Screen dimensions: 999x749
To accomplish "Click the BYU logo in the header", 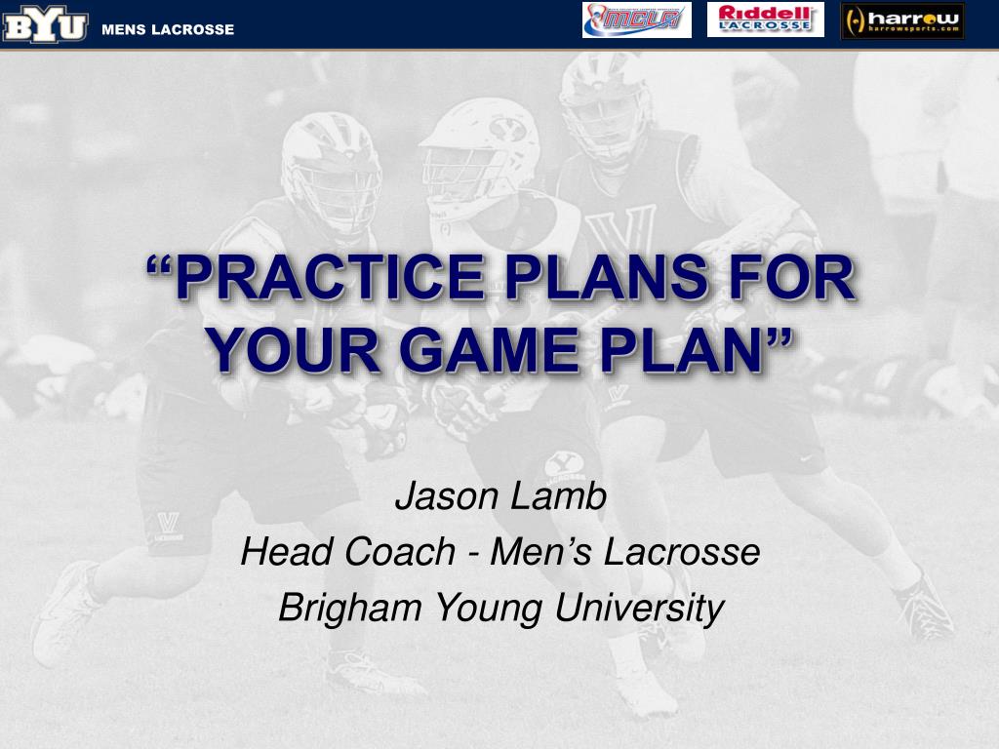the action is (x=45, y=24).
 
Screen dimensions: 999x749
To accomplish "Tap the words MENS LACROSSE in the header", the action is (x=168, y=29).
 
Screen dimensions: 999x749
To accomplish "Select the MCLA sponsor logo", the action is (x=636, y=20).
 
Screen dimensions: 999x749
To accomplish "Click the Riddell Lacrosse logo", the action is (x=765, y=20).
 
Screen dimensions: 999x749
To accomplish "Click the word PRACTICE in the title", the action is (x=330, y=277).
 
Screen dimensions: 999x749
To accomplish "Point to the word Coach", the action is (x=400, y=552).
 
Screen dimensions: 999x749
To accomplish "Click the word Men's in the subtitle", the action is (x=540, y=552).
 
